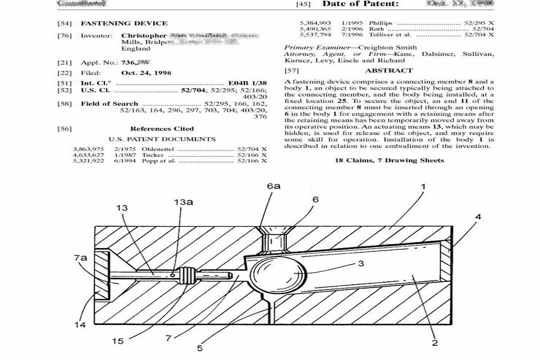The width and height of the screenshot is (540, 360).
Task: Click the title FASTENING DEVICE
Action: click(124, 23)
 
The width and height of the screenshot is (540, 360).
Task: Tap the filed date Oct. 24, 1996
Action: click(146, 72)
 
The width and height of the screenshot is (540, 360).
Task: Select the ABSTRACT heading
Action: click(389, 71)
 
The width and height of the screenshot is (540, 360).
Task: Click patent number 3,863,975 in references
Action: click(88, 148)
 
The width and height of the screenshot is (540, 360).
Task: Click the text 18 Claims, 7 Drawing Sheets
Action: click(389, 160)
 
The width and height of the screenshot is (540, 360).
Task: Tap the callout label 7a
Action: click(81, 258)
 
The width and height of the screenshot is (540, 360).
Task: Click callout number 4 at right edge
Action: click(478, 217)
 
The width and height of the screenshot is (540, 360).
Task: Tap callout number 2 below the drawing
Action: click(435, 343)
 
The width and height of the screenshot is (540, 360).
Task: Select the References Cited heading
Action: click(162, 129)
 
